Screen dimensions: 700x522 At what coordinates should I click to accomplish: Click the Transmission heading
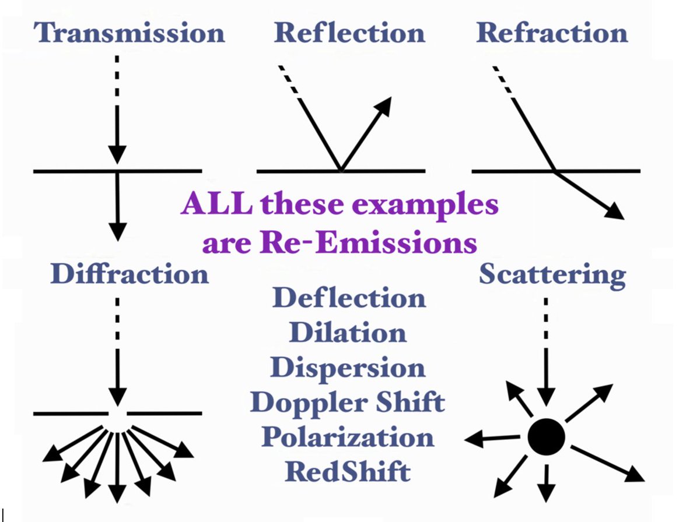point(129,33)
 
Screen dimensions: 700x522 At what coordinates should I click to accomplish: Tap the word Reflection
point(349,33)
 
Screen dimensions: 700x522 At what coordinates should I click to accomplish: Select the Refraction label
point(552,33)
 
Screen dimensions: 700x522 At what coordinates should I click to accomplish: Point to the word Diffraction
point(129,274)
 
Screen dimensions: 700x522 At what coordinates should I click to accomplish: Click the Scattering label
point(552,276)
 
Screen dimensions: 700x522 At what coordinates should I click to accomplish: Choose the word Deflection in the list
point(349,297)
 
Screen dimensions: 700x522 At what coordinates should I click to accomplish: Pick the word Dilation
point(348,332)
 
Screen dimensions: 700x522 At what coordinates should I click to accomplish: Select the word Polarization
point(348,437)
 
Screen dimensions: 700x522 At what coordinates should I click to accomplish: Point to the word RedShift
point(348,472)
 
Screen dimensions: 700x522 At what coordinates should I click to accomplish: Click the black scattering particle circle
point(546,437)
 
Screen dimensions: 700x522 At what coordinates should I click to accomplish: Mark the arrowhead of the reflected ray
point(383,105)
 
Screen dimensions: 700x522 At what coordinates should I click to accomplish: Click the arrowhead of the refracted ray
point(614,211)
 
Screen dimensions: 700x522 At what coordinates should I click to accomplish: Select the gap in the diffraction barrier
point(118,414)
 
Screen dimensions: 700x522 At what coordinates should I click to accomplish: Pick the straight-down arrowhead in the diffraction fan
point(117,494)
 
